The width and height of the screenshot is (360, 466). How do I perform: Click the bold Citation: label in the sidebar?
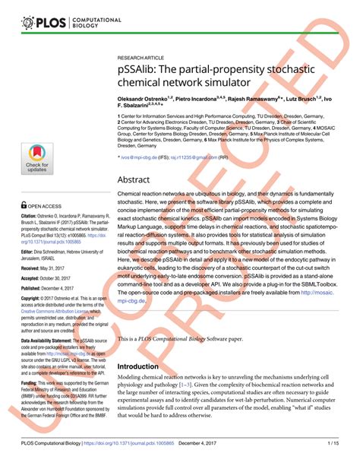[x=33, y=217]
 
